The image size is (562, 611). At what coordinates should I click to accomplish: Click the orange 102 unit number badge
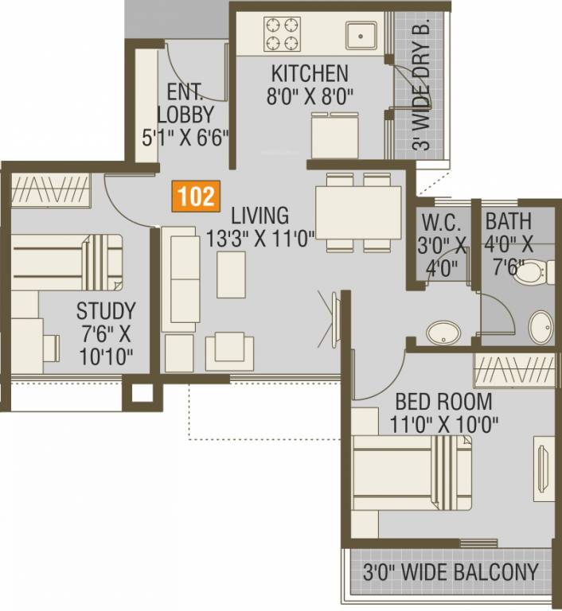[195, 196]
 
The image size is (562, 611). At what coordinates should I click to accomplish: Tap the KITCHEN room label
[310, 73]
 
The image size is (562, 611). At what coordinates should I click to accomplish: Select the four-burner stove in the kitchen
[283, 34]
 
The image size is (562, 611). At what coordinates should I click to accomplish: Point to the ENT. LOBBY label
[185, 101]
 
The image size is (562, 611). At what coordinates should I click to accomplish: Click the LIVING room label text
[260, 215]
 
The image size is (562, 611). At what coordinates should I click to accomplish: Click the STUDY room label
[105, 310]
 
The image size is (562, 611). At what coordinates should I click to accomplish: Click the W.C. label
[438, 220]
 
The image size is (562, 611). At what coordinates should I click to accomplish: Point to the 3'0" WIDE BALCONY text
[451, 571]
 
